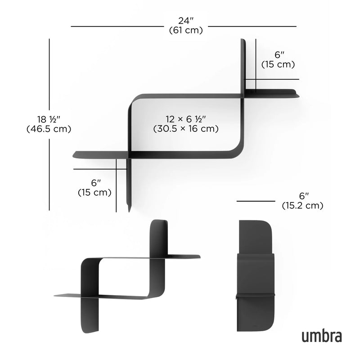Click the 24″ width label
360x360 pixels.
pyautogui.click(x=185, y=21)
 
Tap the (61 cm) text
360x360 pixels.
pyautogui.click(x=185, y=31)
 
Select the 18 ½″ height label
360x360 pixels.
pyautogui.click(x=49, y=119)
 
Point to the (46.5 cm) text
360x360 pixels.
pyautogui.click(x=49, y=129)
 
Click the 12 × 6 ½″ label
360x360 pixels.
pyautogui.click(x=185, y=119)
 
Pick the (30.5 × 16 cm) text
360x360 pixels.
pyautogui.click(x=185, y=129)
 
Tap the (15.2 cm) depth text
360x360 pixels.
pyautogui.click(x=302, y=206)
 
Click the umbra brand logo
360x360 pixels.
pyautogui.click(x=321, y=335)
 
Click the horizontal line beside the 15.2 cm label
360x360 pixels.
pyautogui.click(x=256, y=201)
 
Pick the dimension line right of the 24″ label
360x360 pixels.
pyautogui.click(x=252, y=27)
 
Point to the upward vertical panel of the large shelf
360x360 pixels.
pyautogui.click(x=243, y=67)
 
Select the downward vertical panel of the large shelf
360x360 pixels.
pyautogui.click(x=129, y=184)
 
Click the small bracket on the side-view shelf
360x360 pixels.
pyautogui.click(x=255, y=295)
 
